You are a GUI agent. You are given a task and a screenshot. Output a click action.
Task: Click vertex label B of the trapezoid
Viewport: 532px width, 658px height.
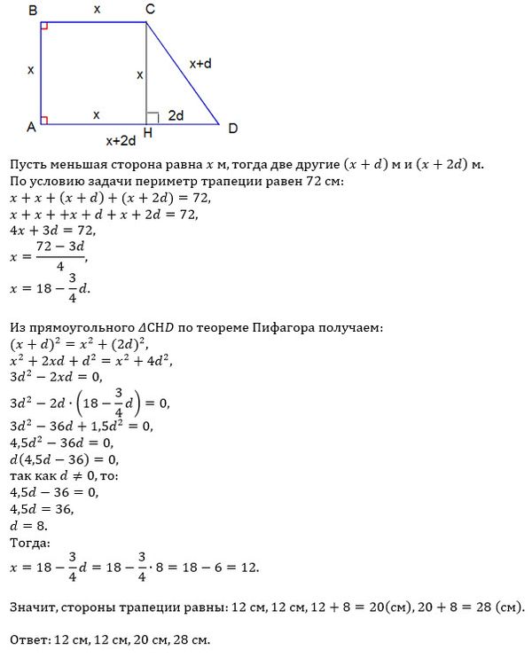32,10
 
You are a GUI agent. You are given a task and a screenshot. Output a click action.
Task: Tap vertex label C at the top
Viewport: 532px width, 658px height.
150,10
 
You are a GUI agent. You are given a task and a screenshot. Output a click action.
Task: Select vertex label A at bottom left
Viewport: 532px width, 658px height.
31,128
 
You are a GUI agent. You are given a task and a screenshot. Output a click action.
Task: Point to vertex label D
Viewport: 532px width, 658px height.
232,129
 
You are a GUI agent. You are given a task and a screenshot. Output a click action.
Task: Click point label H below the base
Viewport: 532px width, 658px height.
146,134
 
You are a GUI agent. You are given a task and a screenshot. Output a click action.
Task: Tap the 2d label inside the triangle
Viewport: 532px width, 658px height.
176,114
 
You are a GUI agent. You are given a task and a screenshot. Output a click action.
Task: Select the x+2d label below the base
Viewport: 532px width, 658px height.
121,140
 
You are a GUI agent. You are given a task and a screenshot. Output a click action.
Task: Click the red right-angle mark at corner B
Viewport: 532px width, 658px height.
45,27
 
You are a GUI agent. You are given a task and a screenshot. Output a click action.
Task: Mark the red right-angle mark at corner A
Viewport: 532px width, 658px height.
45,120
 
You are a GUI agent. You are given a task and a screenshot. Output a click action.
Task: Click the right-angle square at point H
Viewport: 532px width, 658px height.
152,118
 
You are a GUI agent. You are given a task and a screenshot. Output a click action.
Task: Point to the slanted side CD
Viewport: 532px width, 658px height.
183,74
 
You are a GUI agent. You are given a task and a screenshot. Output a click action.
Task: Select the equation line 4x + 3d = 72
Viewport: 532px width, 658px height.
44,231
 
